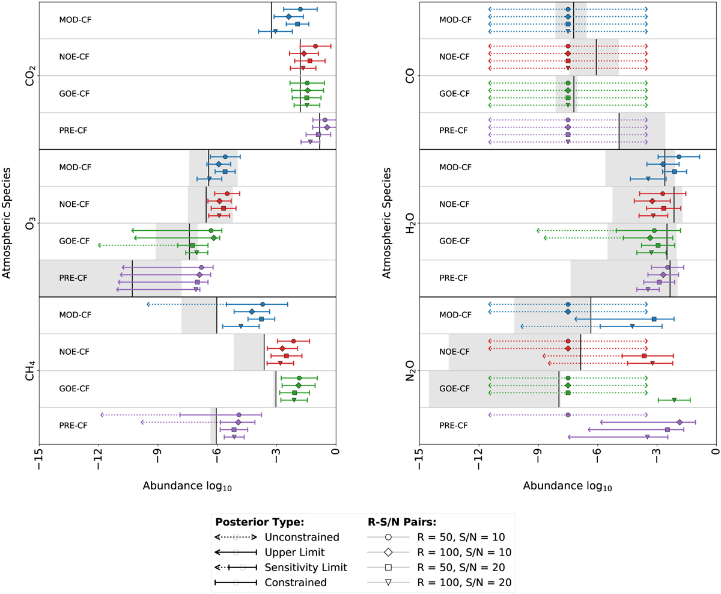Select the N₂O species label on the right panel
[x=410, y=371]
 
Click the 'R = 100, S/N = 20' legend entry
[x=461, y=582]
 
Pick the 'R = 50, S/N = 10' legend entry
[x=461, y=537]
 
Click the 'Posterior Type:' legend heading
[x=260, y=521]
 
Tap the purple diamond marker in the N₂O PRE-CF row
[x=680, y=423]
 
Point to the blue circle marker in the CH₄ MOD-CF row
[x=263, y=305]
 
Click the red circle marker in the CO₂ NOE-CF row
[x=315, y=46]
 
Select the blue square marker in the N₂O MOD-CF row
[x=654, y=319]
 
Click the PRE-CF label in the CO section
[x=454, y=130]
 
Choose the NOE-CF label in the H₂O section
[x=454, y=204]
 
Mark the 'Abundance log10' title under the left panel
[x=187, y=486]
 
